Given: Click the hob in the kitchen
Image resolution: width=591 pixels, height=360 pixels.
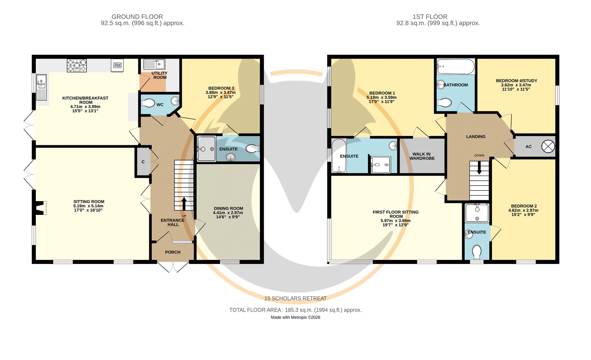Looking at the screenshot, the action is (x=77, y=65).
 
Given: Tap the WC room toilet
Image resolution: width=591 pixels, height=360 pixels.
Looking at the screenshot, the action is (x=148, y=103).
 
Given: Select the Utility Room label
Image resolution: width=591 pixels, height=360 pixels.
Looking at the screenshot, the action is (x=160, y=75).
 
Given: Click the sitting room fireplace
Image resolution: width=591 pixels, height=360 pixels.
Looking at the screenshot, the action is (x=40, y=208).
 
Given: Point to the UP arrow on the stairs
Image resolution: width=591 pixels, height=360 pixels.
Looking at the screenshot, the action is (x=184, y=204).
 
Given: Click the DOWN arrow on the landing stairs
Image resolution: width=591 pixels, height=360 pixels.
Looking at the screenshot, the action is (x=479, y=167).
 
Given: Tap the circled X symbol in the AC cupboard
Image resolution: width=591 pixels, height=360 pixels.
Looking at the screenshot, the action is (x=548, y=146).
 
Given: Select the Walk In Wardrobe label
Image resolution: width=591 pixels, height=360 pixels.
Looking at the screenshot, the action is (x=422, y=156).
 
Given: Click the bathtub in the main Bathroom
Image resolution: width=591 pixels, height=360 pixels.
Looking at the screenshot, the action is (x=456, y=67).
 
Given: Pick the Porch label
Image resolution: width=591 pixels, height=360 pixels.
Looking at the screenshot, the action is (x=173, y=252).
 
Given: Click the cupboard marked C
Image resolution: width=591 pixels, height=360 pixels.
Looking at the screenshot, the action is (x=143, y=162).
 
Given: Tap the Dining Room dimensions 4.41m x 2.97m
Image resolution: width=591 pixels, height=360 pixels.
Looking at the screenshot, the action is (x=228, y=213).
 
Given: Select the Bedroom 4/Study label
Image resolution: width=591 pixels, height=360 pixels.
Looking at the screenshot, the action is (x=516, y=81).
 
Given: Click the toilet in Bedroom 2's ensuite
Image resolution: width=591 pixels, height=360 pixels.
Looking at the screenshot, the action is (x=476, y=252).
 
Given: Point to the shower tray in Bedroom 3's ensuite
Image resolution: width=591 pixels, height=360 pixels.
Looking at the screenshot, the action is (x=206, y=149).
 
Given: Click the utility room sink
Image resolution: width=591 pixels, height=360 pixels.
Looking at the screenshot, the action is (x=154, y=64).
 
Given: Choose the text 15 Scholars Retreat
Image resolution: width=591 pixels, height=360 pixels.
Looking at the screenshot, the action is (x=295, y=299).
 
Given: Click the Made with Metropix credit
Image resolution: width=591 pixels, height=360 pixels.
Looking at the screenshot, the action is (x=295, y=317).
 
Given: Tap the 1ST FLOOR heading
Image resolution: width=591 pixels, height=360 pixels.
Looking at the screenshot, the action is (x=430, y=17).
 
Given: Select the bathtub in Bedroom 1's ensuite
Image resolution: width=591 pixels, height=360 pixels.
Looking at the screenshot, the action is (x=339, y=156).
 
